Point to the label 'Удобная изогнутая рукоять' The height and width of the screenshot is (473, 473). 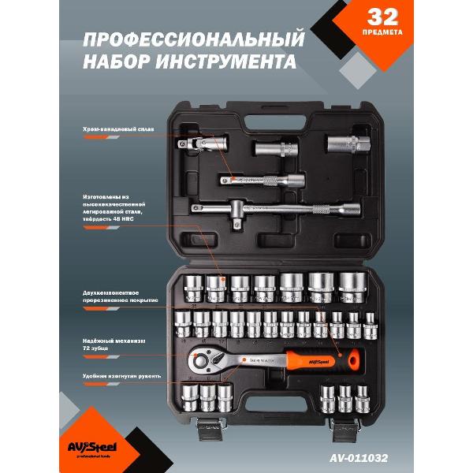118,376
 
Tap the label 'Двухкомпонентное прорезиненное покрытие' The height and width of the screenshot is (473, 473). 121,296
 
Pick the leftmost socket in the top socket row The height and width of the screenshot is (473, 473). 194,289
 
